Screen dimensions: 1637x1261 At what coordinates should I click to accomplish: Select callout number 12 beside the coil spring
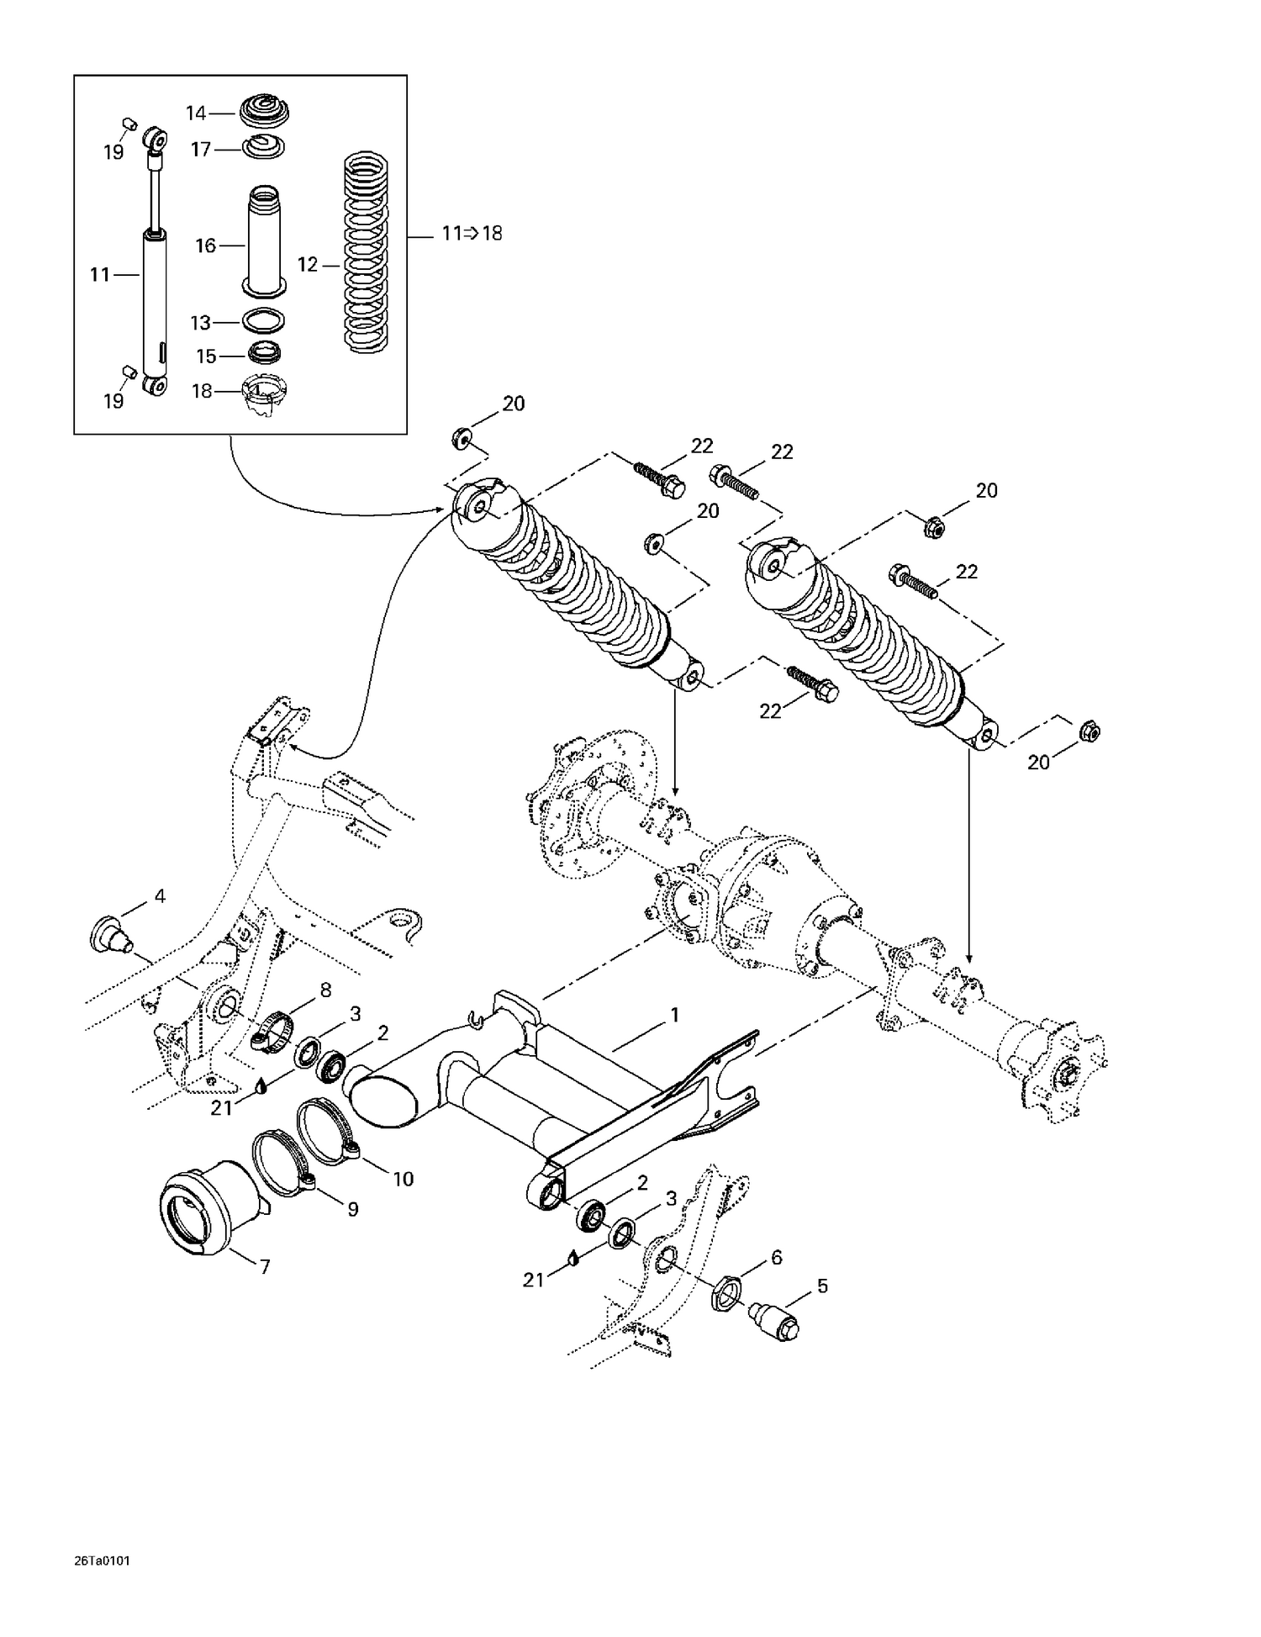click(307, 265)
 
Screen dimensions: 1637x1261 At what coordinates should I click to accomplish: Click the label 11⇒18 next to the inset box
click(472, 234)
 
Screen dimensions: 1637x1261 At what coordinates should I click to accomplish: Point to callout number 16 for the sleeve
click(205, 246)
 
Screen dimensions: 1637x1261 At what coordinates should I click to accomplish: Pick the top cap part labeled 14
click(264, 110)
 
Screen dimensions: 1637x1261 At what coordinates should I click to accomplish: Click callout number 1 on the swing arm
click(673, 1015)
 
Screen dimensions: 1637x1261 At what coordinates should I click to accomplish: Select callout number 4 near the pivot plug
click(160, 896)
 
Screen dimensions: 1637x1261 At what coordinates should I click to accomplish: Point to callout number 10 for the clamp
click(404, 1179)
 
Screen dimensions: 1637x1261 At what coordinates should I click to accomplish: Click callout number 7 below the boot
click(265, 1266)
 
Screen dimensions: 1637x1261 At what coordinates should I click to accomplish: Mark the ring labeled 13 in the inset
click(263, 321)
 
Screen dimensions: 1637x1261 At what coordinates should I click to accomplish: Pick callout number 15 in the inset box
click(206, 356)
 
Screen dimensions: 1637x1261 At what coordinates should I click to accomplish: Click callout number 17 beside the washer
click(200, 150)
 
